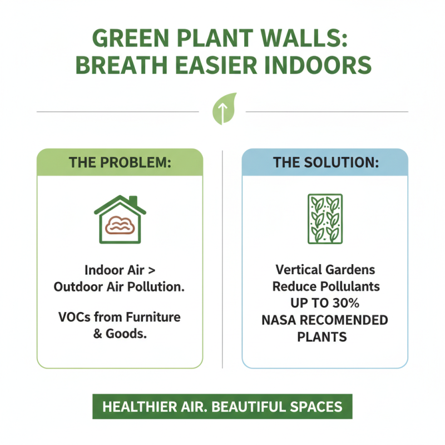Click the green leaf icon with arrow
[x=222, y=110]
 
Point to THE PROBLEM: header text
[x=120, y=162]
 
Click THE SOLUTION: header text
[x=325, y=162]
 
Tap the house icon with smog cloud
[x=120, y=220]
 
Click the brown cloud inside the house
[x=120, y=226]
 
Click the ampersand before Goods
[x=100, y=335]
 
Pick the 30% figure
[x=348, y=304]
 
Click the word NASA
[x=280, y=320]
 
